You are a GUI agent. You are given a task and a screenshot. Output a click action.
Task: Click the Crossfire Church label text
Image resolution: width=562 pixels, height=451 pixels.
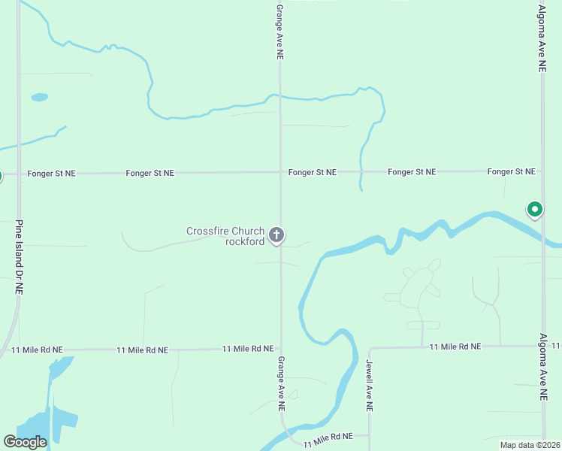(x=225, y=231)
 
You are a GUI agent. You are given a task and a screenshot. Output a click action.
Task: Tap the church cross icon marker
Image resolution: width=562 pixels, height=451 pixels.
(x=276, y=236)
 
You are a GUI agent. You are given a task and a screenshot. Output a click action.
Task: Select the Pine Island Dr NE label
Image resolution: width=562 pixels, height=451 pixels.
(x=19, y=257)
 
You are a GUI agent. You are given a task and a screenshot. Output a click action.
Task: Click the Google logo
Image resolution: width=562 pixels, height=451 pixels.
(x=25, y=442)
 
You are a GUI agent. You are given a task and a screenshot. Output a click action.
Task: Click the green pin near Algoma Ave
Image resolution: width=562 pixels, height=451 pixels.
(x=535, y=209)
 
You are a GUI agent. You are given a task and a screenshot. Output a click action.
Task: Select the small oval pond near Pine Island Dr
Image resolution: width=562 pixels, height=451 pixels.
(x=40, y=97)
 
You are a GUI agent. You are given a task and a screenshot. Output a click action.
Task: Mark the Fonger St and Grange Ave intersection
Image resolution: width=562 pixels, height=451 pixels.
(x=280, y=172)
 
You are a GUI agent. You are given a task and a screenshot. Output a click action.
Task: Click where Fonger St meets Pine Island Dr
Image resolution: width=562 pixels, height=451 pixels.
(x=19, y=173)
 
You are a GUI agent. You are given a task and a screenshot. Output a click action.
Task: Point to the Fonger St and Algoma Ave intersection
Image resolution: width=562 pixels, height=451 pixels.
(x=542, y=172)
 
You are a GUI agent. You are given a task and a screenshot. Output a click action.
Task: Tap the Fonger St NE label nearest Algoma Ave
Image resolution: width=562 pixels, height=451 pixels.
(x=511, y=172)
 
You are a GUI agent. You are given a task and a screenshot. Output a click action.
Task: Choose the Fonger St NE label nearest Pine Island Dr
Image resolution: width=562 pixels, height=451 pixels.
(x=51, y=173)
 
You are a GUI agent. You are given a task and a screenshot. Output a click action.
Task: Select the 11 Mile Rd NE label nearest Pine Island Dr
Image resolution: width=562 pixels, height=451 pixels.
(x=38, y=350)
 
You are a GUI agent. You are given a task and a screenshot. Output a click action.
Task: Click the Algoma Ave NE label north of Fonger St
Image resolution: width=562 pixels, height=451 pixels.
(x=542, y=38)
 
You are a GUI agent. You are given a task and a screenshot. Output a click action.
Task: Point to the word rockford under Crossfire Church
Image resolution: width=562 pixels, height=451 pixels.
(x=245, y=241)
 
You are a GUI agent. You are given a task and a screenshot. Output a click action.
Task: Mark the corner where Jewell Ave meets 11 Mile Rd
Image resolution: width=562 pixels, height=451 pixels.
(x=370, y=349)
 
